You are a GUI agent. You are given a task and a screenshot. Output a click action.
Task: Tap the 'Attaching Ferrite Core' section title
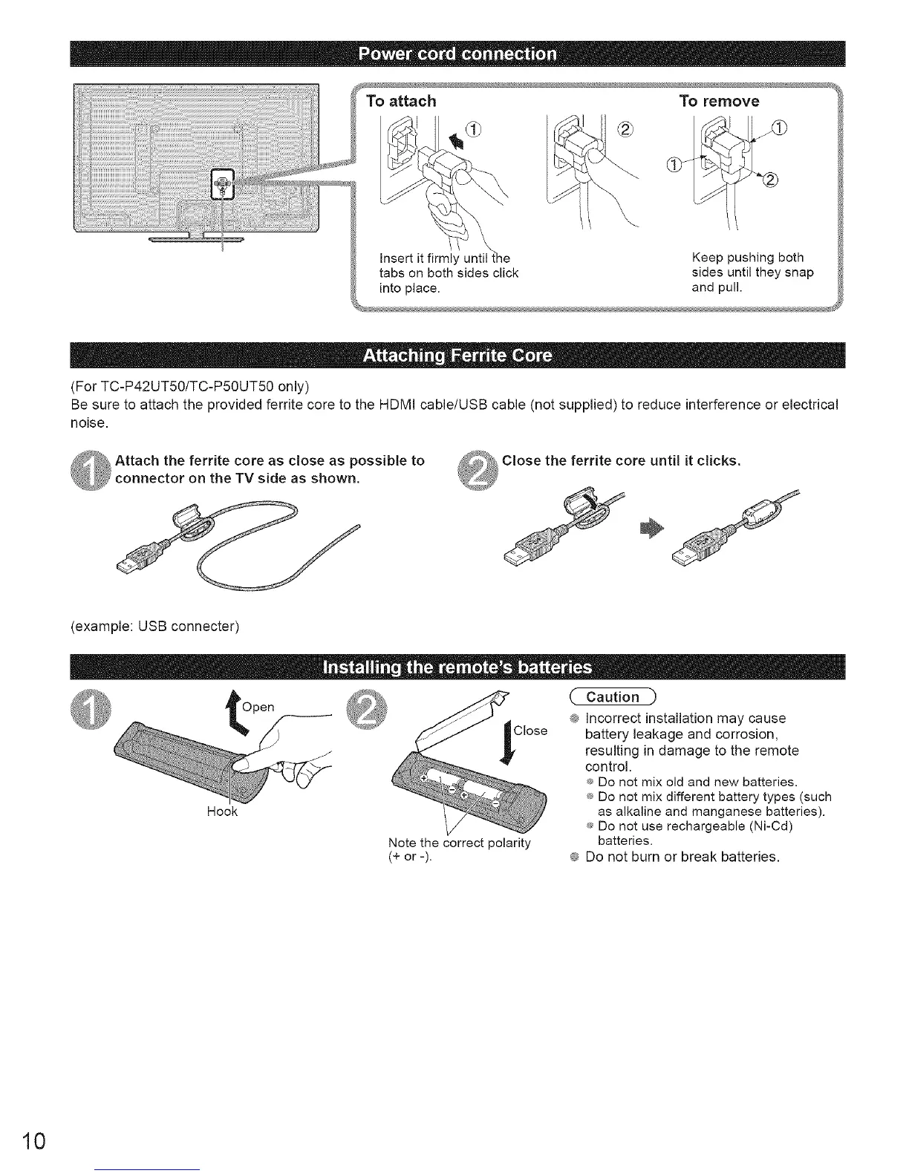(456, 356)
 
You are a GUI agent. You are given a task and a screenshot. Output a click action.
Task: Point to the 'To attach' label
(401, 101)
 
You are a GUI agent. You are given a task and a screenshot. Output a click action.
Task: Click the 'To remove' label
(719, 101)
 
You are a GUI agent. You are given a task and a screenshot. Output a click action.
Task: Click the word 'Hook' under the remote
(222, 811)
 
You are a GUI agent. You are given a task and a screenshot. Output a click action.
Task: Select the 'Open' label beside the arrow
(258, 707)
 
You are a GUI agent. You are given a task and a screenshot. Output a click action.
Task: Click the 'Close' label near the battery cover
(530, 731)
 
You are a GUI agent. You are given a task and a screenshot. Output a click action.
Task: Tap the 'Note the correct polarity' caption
(459, 843)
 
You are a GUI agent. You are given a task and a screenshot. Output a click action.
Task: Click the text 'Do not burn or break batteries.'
(682, 857)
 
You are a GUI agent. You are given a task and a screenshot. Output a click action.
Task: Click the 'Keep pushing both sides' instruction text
(752, 272)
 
